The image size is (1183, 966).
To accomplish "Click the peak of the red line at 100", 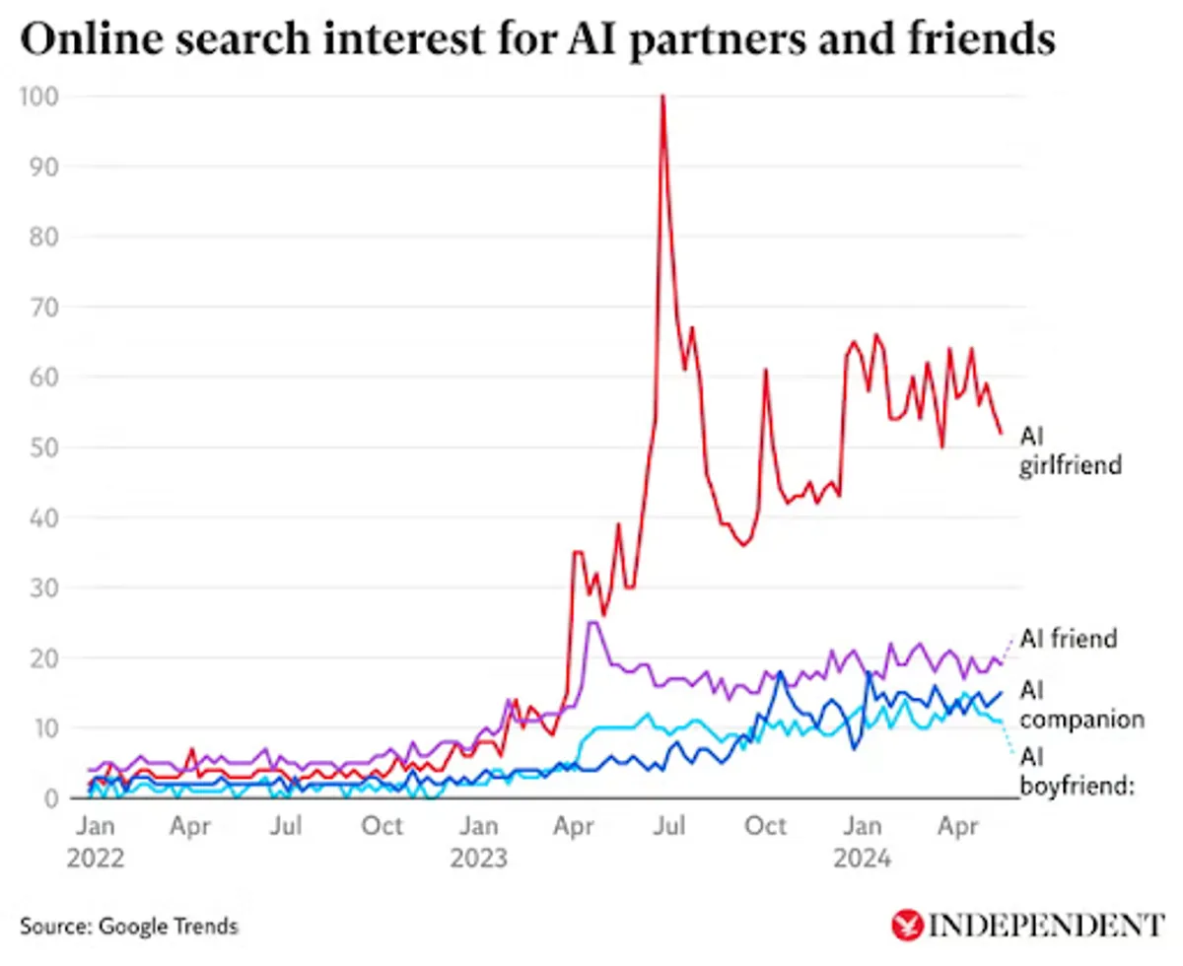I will point(662,97).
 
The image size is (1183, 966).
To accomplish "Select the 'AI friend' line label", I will point(1069,639).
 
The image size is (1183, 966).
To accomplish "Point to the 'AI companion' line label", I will point(1080,704).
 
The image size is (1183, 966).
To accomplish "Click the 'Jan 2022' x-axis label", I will point(96,841).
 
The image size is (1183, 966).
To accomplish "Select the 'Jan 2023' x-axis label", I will point(479,841).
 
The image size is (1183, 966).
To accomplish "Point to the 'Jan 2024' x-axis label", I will point(864,841).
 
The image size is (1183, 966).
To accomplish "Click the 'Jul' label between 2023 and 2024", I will point(670,825).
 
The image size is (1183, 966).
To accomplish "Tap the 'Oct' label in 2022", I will point(382,825).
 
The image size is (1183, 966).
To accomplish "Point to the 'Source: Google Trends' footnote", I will point(128,927).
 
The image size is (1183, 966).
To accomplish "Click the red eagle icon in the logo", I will point(905,926).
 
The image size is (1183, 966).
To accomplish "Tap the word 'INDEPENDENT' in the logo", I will point(1046,926).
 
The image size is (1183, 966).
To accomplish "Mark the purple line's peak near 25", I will point(591,622).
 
